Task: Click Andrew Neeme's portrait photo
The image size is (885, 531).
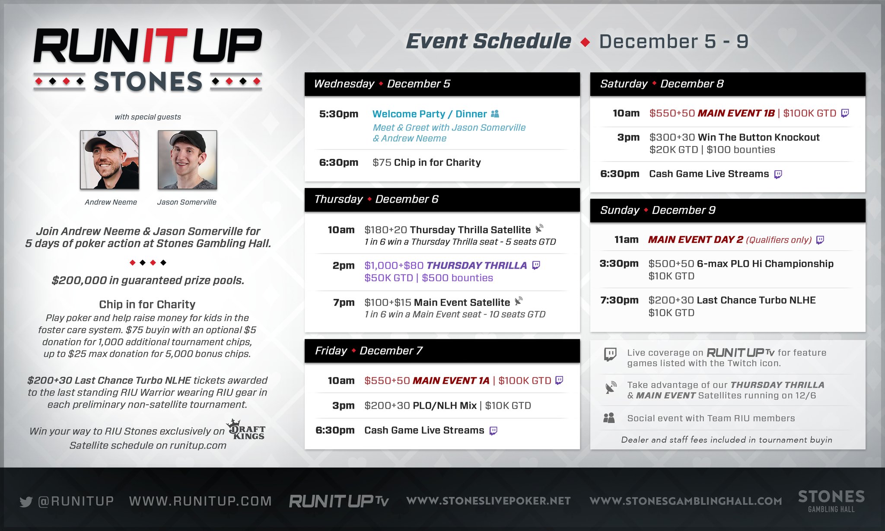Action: click(x=110, y=160)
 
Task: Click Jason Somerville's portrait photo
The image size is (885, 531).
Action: click(x=187, y=160)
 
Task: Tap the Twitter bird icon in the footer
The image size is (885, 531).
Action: click(x=26, y=502)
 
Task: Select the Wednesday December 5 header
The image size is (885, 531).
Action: click(x=382, y=84)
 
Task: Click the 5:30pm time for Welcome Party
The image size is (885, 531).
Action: click(x=339, y=114)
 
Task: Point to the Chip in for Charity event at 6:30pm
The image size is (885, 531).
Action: click(x=437, y=162)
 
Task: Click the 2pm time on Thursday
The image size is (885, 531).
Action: click(x=344, y=265)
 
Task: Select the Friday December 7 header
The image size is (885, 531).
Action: click(x=369, y=351)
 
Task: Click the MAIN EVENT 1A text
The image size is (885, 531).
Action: click(x=451, y=381)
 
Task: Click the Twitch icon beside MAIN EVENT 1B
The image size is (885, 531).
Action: click(x=845, y=113)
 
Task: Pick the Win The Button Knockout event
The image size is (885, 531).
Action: click(x=758, y=137)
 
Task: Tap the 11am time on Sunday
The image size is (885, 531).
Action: click(x=626, y=240)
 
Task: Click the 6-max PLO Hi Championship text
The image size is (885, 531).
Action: click(x=765, y=264)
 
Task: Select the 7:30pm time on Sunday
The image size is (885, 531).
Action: click(x=619, y=300)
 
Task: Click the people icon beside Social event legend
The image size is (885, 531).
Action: click(x=609, y=418)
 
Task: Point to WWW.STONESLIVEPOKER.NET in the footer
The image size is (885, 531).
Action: click(x=489, y=501)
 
